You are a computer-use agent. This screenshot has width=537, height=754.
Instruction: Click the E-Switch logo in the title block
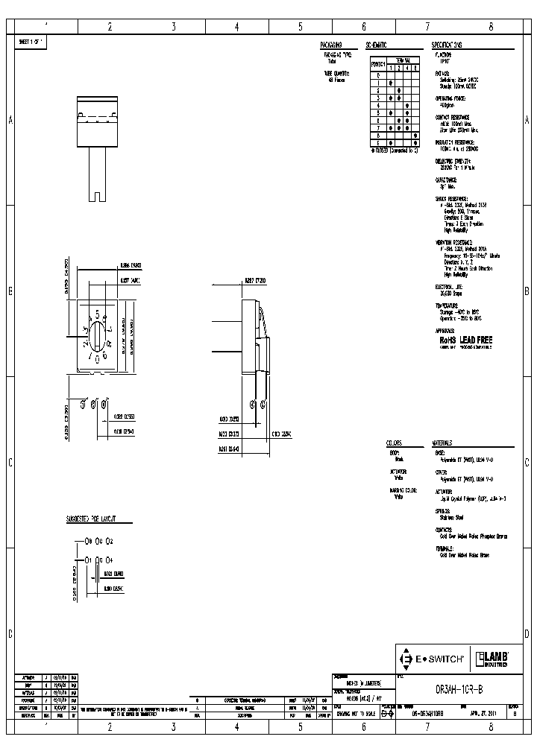pyautogui.click(x=433, y=659)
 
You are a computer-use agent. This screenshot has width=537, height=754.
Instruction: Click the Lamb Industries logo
pyautogui.click(x=492, y=659)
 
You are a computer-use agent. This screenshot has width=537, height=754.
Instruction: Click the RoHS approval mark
pyautogui.click(x=446, y=339)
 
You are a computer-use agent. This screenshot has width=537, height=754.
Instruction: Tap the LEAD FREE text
pyautogui.click(x=474, y=339)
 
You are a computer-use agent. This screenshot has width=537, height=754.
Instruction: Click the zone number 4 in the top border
pyautogui.click(x=236, y=27)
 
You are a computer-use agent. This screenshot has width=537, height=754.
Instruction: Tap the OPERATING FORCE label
pyautogui.click(x=451, y=98)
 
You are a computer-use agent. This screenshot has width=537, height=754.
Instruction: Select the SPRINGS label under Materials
pyautogui.click(x=444, y=511)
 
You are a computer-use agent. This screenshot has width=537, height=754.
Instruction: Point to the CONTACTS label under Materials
pyautogui.click(x=445, y=529)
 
